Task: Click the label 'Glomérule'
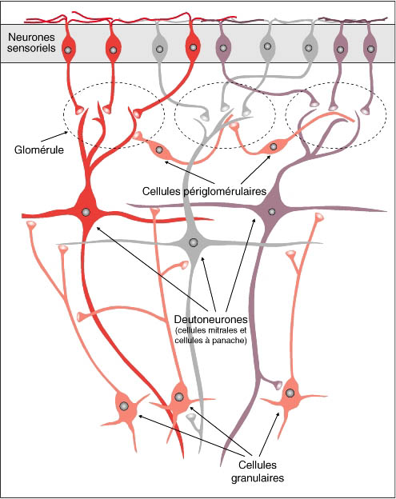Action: coord(39,150)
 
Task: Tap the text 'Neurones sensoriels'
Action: coord(31,42)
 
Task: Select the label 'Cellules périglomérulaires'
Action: coord(204,191)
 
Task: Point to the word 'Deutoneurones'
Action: coord(210,319)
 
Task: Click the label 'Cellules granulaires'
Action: coord(258,471)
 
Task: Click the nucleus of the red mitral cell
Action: coord(86,212)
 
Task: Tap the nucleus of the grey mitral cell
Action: coord(193,242)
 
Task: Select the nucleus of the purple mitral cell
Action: coord(271,211)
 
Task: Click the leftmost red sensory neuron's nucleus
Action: coord(67,50)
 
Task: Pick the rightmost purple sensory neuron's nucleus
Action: coord(371,49)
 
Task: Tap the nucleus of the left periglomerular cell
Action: coord(159,150)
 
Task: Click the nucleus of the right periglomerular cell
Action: coord(273,146)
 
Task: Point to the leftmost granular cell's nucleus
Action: coord(123,406)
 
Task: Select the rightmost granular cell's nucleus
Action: coord(290,393)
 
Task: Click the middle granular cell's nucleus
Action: coord(179,397)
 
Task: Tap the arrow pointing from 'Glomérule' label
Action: coord(54,137)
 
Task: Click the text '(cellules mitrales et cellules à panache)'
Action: coord(210,335)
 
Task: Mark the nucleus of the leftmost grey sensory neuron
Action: coord(160,49)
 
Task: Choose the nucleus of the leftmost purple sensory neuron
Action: coord(223,48)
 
